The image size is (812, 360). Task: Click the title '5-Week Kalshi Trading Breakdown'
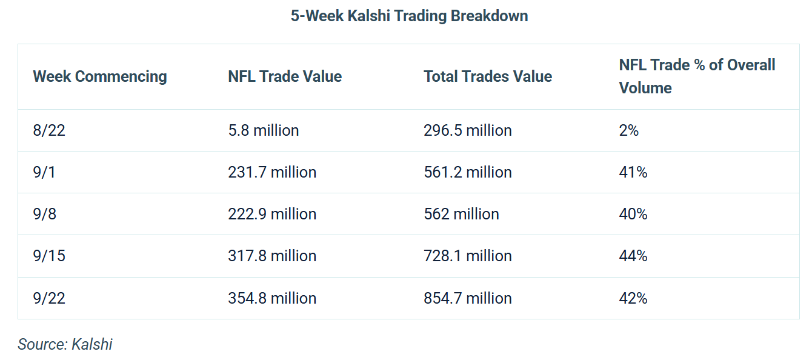pos(409,16)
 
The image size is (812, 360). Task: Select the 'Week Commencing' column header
pos(100,76)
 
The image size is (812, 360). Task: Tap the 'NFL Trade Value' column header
pos(285,76)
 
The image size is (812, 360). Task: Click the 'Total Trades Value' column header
pos(488,76)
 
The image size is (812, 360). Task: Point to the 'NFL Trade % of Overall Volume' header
pos(697,76)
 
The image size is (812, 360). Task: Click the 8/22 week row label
pos(49,130)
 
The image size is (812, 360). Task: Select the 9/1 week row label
pos(44,172)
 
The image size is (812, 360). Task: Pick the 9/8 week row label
pos(44,214)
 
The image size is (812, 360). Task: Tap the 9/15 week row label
pos(49,256)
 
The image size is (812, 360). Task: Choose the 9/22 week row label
pos(49,298)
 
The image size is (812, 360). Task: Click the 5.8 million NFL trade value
pos(264,130)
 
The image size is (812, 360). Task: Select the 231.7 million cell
pos(272,172)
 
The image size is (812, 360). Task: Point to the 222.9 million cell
pos(272,214)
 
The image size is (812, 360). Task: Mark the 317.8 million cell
pos(272,256)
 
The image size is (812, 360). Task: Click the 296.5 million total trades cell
pos(468,130)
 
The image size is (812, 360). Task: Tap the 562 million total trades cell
pos(461,214)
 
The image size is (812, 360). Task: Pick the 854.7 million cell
pos(468,298)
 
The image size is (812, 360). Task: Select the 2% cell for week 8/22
pos(629,130)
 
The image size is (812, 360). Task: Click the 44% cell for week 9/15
pos(633,256)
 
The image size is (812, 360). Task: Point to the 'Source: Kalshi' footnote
pos(65,344)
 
